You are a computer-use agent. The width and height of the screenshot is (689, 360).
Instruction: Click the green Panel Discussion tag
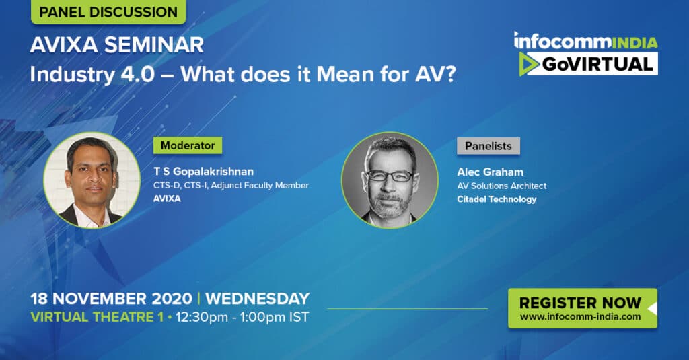(108, 11)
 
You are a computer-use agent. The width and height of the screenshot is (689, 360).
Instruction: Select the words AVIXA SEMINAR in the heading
(117, 45)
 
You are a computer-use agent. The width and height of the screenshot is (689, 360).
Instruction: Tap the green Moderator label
(188, 145)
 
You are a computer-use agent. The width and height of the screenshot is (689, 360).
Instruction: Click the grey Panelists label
(488, 146)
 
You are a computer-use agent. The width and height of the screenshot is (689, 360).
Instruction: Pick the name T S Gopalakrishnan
(203, 172)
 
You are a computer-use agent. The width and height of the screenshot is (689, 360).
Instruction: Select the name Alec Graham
(490, 172)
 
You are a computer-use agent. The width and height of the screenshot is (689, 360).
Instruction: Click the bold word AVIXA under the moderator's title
(167, 199)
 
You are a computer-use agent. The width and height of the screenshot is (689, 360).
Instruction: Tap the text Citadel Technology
(497, 199)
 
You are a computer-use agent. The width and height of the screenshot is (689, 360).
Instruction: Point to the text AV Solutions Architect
(502, 186)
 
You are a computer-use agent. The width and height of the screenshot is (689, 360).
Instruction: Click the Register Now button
(583, 308)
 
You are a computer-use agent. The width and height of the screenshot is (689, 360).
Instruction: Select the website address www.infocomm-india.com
(580, 316)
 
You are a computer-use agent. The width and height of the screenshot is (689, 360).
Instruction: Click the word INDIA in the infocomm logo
(634, 42)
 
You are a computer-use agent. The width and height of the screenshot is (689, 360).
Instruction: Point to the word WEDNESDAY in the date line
(258, 299)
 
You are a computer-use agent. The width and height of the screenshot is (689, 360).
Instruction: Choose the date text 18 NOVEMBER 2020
(111, 299)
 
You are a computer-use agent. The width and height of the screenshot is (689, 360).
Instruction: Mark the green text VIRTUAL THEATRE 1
(97, 317)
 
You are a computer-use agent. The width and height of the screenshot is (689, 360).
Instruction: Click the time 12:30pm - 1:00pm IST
(242, 318)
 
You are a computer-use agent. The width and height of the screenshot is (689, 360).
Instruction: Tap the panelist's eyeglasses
(390, 176)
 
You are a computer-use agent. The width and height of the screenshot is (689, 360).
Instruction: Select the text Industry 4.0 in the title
(92, 75)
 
